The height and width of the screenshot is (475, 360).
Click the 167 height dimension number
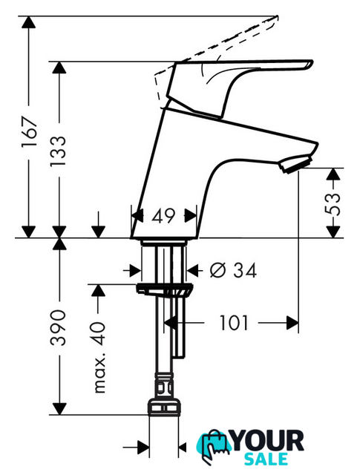[x=29, y=131]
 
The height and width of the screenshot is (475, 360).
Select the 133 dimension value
[x=58, y=151]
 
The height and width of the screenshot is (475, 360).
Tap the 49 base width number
[x=163, y=216]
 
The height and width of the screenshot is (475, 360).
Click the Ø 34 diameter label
[x=233, y=270]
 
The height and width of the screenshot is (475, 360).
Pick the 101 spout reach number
[x=234, y=323]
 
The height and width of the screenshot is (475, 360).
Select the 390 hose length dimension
[x=58, y=328]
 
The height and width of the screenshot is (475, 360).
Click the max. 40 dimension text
[x=99, y=358]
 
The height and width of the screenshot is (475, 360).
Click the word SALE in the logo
[x=266, y=459]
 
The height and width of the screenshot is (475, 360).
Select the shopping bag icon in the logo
[x=213, y=446]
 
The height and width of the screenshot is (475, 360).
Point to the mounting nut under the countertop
[x=164, y=289]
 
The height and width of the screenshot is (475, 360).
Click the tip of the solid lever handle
[x=312, y=62]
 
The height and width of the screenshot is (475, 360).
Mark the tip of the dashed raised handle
[x=277, y=16]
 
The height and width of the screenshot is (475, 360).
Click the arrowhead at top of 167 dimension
[x=28, y=22]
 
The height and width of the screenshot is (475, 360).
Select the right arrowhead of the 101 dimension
[x=292, y=323]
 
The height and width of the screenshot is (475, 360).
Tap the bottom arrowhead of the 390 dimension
[x=59, y=409]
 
